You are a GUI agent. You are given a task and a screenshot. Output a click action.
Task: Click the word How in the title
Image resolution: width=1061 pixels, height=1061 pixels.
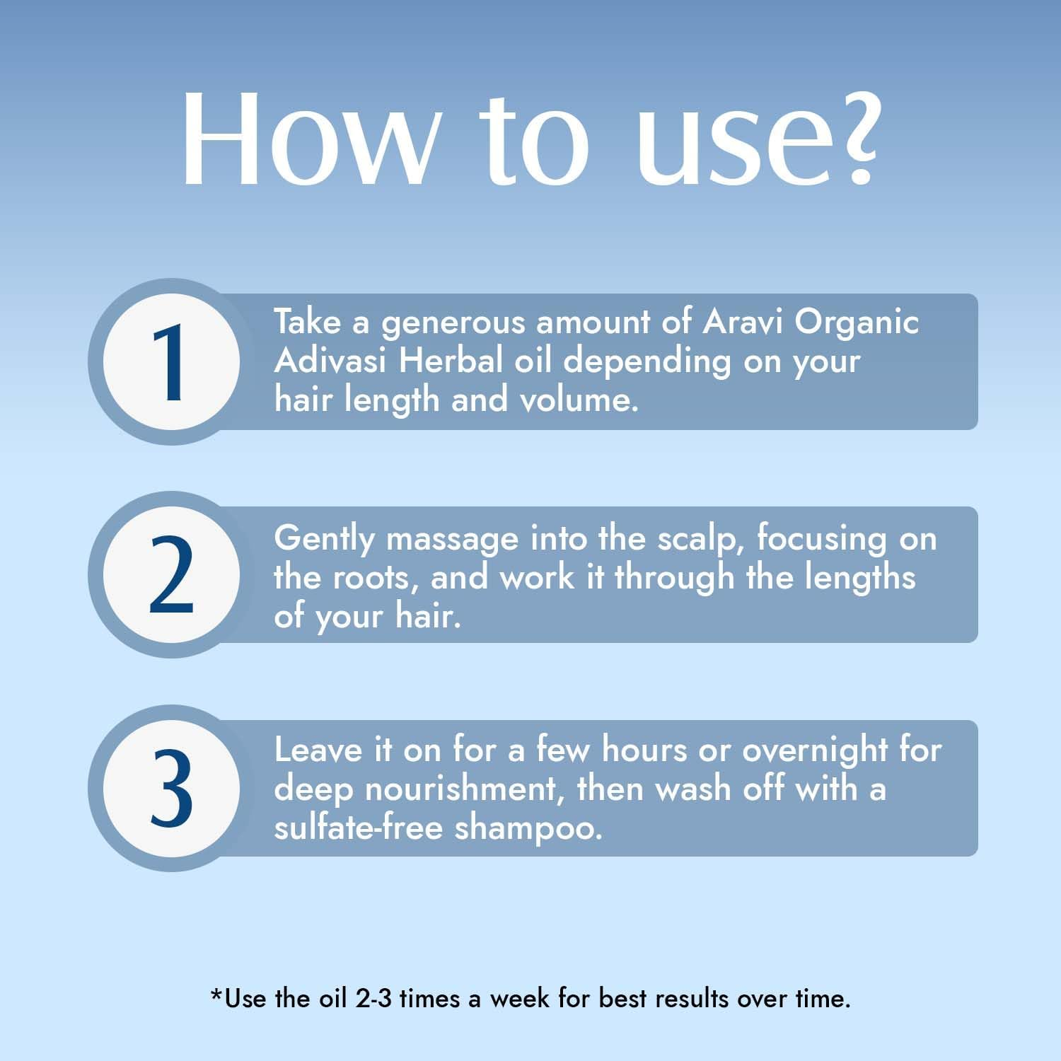[x=308, y=138]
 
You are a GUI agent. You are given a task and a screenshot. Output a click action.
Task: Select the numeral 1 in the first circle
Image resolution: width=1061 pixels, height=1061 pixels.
[x=170, y=362]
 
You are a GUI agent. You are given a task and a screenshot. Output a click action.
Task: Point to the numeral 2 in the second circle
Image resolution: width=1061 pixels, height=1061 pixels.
[x=171, y=574]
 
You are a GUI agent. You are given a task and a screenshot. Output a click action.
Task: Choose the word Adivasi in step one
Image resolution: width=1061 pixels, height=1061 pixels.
[x=331, y=361]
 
